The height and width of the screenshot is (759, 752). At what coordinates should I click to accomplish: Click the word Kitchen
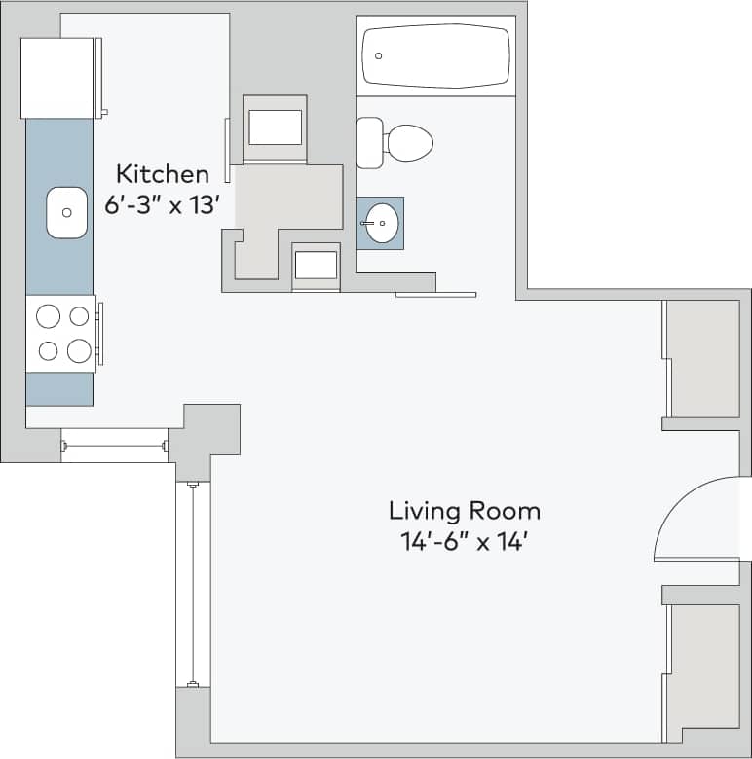(162, 175)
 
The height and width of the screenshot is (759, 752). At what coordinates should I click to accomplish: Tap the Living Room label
(464, 511)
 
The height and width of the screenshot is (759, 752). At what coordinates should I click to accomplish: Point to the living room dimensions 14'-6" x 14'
(464, 542)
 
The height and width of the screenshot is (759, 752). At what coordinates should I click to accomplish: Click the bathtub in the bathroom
(435, 55)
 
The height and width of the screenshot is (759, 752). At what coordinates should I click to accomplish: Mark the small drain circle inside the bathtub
(380, 56)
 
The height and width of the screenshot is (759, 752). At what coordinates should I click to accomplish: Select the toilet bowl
(408, 143)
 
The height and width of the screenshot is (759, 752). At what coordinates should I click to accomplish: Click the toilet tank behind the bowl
(369, 143)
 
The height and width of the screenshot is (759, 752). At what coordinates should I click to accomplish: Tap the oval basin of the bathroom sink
(382, 223)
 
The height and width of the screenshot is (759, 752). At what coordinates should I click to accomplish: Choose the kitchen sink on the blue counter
(68, 212)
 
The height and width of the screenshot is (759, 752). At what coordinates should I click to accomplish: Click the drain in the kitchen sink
(67, 212)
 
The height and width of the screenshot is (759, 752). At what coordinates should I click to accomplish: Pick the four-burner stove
(62, 333)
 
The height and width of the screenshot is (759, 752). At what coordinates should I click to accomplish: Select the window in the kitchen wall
(114, 445)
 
